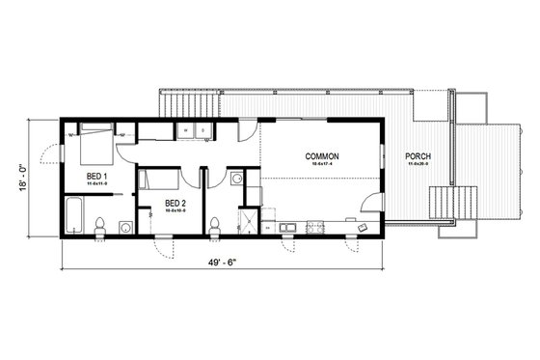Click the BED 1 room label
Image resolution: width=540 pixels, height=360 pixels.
pos(96,176)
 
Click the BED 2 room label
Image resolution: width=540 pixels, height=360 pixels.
pos(175,203)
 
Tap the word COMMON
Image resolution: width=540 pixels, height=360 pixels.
pos(322,156)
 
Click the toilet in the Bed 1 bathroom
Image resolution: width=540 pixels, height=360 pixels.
pos(99,226)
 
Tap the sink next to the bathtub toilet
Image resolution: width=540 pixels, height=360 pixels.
pos(125,227)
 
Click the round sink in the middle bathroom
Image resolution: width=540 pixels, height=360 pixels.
pos(237,178)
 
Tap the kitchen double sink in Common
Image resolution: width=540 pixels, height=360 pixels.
pos(287,228)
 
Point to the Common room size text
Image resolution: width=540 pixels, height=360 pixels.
pos(322,165)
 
